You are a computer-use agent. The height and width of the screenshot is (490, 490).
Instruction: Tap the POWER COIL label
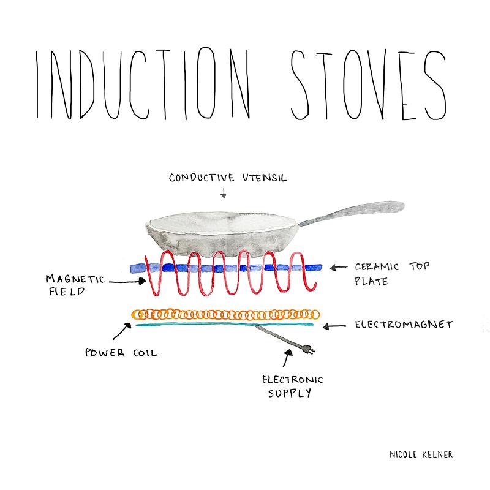(x=121, y=353)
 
